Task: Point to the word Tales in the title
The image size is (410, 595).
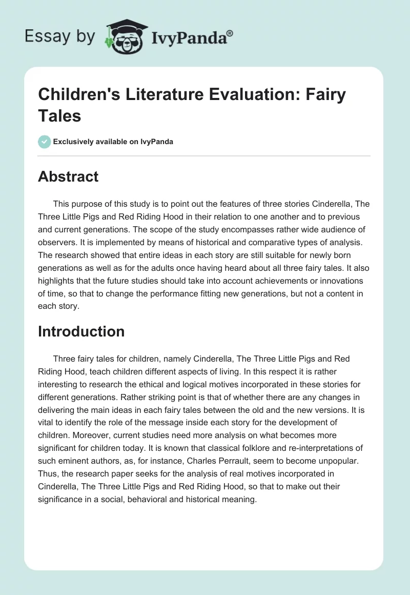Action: pyautogui.click(x=59, y=115)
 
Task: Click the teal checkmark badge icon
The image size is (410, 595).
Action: pyautogui.click(x=45, y=142)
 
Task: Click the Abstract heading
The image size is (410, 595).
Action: pyautogui.click(x=68, y=176)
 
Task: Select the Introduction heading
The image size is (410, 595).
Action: pyautogui.click(x=81, y=331)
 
